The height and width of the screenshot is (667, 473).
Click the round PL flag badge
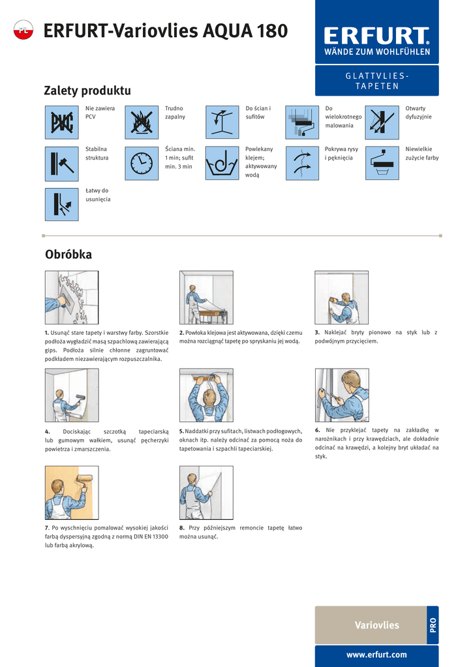23,30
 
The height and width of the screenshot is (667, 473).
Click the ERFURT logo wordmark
376,36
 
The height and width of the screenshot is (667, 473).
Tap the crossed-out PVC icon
62,122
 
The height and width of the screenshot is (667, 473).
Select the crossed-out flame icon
142,122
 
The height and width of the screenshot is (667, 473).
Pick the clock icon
142,163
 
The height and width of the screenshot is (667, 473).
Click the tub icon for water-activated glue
222,163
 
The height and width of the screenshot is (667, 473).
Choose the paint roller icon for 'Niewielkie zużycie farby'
382,163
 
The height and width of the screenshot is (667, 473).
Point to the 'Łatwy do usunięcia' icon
62,205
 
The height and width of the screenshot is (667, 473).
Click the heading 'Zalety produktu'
87,91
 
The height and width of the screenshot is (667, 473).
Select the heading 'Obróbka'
69,255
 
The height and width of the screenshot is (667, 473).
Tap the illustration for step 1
72,297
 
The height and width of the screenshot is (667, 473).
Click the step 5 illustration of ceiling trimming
206,395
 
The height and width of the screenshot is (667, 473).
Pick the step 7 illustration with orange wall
72,492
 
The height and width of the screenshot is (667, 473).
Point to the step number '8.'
182,528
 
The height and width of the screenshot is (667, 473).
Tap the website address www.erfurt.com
376,655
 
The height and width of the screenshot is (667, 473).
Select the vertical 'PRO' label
433,625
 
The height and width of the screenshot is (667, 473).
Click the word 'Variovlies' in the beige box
377,625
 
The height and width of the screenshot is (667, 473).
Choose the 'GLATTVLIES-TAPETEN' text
377,81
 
